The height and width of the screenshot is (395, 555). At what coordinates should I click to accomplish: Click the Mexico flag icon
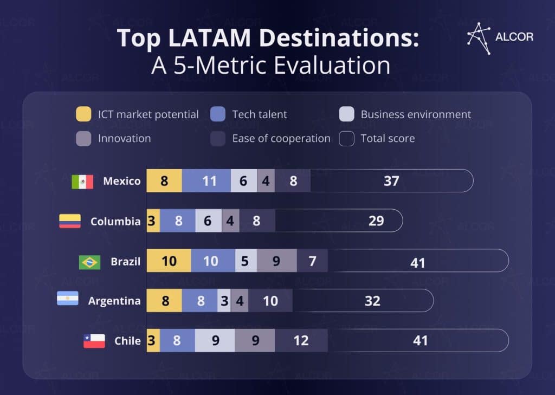(x=82, y=182)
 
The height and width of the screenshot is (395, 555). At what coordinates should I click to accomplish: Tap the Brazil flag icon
(x=89, y=262)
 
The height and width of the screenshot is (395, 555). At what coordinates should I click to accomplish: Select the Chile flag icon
(x=94, y=341)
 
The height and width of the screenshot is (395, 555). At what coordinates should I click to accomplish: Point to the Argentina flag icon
(x=68, y=299)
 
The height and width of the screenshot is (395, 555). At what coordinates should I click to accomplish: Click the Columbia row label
(x=115, y=221)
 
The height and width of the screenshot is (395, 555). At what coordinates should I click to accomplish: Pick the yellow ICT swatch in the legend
(x=83, y=114)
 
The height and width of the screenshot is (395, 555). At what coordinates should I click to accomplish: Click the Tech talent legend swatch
(x=217, y=114)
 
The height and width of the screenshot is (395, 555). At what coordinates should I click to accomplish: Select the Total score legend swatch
(x=346, y=139)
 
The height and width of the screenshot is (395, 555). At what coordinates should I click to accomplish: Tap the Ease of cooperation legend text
(x=281, y=139)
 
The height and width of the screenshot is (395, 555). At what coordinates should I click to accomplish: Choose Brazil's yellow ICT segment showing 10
(x=169, y=261)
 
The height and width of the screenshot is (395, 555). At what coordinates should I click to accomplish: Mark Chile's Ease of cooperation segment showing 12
(x=301, y=341)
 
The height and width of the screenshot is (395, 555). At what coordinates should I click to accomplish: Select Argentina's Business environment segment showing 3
(x=224, y=301)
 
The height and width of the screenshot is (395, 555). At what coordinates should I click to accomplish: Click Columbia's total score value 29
(x=376, y=221)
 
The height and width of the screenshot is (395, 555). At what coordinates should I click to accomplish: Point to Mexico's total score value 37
(x=391, y=181)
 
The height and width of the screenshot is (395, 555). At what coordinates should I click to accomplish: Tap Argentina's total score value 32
(x=372, y=301)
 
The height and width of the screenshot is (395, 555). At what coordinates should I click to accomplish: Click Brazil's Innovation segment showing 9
(x=276, y=261)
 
